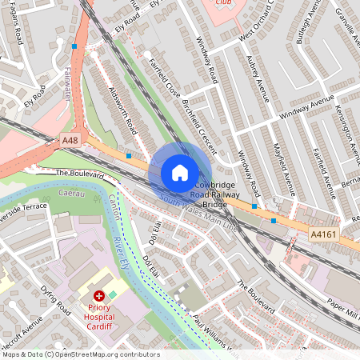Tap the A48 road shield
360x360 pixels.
pos(70,141)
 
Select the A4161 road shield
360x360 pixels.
pos(325,233)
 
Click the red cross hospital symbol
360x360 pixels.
pos(99,296)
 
